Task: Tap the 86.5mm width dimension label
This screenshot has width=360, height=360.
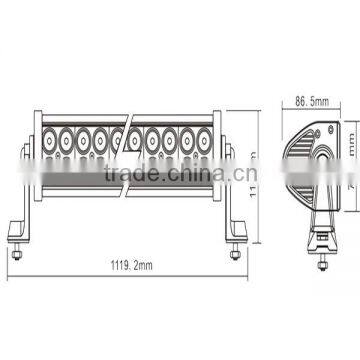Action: click(313, 102)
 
